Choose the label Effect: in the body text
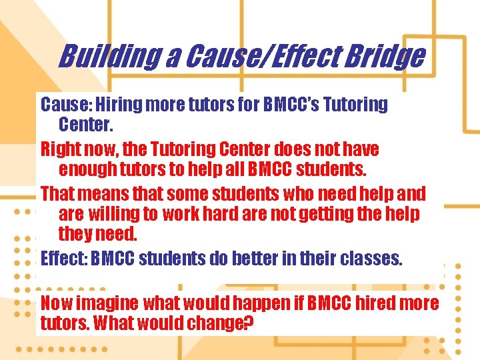pos(64,258)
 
